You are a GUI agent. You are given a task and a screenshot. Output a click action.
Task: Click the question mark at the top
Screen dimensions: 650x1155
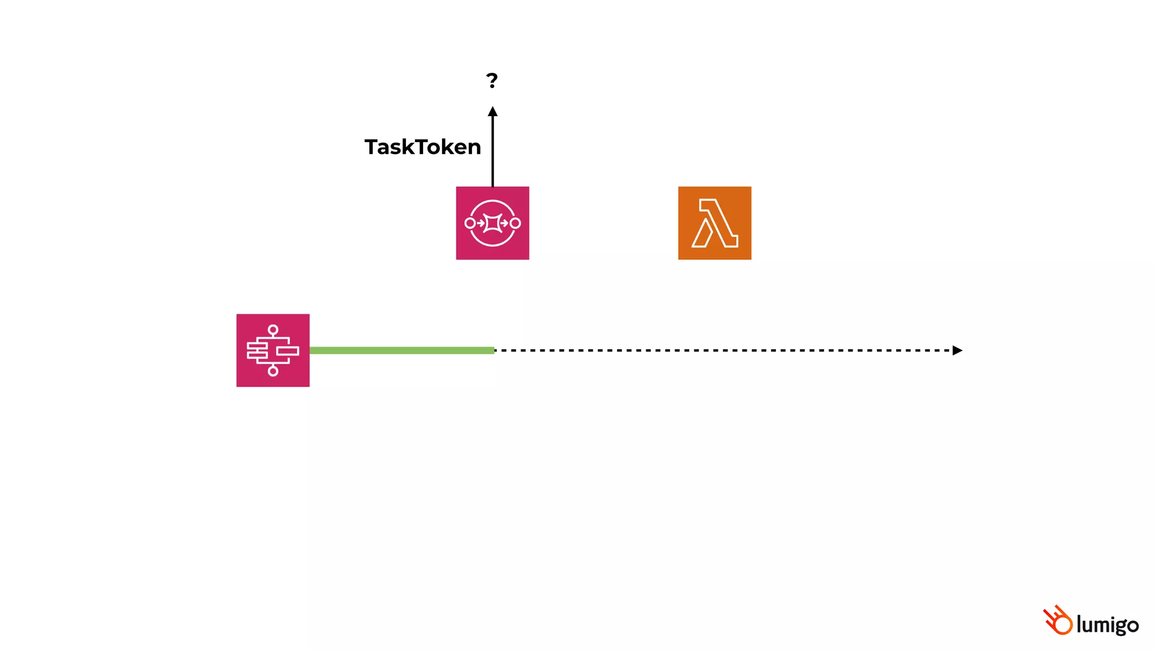pos(492,81)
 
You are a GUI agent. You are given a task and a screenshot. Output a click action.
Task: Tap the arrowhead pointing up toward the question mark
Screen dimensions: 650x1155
pos(492,112)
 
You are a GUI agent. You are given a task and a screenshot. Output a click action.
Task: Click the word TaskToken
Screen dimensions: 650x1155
pos(422,147)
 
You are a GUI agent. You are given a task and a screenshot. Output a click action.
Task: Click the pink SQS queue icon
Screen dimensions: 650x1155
pos(492,223)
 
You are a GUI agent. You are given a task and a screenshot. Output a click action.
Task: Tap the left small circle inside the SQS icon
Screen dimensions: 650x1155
pos(470,223)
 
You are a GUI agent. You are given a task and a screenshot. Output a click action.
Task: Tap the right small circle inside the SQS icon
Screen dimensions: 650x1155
pos(515,223)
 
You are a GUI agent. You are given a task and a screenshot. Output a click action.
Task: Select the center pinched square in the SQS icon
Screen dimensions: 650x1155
pos(492,223)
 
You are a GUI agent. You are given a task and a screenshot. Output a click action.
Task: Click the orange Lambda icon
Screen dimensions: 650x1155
pos(715,223)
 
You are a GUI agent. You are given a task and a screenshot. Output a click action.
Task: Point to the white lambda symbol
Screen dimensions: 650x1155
pos(715,223)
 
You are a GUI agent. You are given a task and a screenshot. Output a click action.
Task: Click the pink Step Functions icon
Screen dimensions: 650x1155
pos(273,350)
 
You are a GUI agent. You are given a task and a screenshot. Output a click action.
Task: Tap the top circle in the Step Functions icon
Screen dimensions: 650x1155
pos(273,330)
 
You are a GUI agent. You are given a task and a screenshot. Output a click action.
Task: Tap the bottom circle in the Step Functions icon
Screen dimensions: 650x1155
pos(273,371)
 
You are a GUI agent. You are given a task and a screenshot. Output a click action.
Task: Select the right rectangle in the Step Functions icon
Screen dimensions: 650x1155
pos(288,351)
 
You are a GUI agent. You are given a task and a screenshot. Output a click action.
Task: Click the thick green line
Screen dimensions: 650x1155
pos(402,350)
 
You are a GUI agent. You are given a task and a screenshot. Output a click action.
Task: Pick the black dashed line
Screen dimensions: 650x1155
pos(722,350)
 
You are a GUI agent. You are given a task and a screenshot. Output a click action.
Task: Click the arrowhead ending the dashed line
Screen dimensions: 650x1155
pos(957,350)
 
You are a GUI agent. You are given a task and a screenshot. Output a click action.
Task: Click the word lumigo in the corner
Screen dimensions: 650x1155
pos(1107,625)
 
